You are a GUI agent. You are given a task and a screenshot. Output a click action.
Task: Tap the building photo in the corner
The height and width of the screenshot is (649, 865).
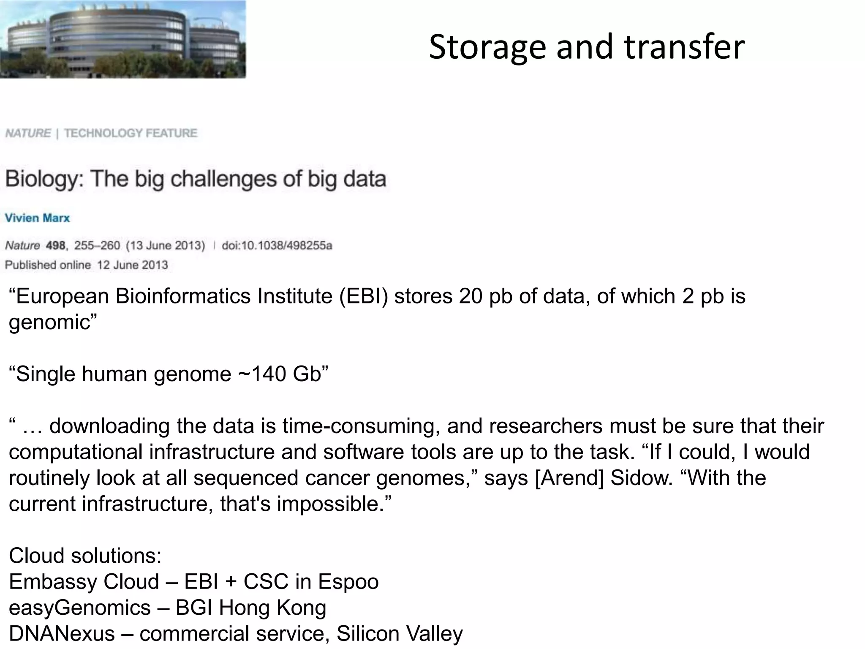122,39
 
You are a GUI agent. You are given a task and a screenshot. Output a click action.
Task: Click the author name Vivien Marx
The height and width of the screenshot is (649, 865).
37,218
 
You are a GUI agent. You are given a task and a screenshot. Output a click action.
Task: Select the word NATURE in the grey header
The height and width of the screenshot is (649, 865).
28,133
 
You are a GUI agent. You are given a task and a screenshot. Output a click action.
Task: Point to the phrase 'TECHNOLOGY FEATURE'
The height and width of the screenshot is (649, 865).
131,133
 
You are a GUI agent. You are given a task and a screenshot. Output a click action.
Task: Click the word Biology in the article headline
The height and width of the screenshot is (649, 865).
44,179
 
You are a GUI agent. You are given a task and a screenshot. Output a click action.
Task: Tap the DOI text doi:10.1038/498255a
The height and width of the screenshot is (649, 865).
277,245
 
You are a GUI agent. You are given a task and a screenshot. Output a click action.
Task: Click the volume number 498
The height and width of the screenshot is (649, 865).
55,245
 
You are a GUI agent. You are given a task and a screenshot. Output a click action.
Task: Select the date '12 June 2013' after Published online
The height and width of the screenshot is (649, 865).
133,265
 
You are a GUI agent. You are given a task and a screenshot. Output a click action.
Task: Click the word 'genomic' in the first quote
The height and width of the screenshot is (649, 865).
49,323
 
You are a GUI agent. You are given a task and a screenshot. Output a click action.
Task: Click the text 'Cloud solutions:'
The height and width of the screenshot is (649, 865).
85,556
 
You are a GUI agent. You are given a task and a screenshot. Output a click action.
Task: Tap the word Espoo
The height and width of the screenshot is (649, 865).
348,582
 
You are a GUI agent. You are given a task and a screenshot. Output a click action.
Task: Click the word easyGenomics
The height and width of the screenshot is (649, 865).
79,608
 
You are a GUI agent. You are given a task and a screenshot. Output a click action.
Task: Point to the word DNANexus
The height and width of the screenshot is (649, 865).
62,634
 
